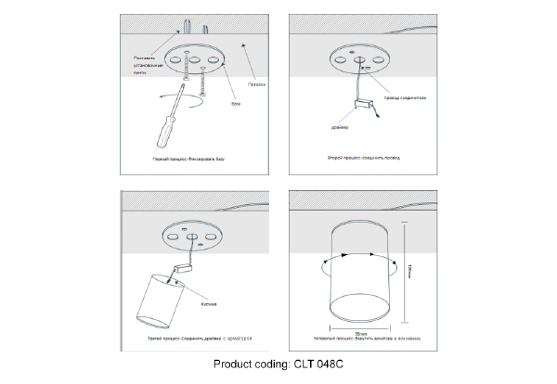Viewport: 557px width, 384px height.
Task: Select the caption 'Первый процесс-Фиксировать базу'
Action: coord(188,160)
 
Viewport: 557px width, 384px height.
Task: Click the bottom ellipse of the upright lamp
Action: coord(356,305)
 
